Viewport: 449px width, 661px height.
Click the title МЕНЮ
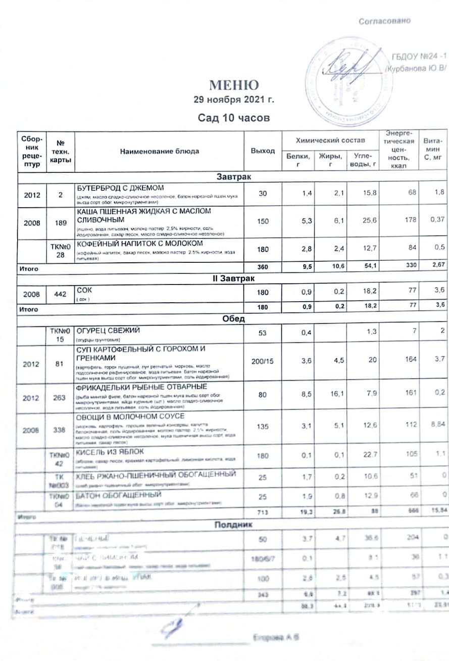pyautogui.click(x=234, y=84)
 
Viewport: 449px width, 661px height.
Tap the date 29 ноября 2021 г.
pyautogui.click(x=234, y=100)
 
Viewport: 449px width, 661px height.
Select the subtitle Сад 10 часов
pyautogui.click(x=234, y=118)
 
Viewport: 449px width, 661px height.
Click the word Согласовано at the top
pyautogui.click(x=385, y=21)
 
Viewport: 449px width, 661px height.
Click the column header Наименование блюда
pyautogui.click(x=159, y=151)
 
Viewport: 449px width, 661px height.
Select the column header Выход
pyautogui.click(x=263, y=151)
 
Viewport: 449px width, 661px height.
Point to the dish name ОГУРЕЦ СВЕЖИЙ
pyautogui.click(x=107, y=330)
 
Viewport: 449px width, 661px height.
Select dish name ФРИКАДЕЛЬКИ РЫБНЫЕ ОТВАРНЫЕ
pyautogui.click(x=139, y=387)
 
